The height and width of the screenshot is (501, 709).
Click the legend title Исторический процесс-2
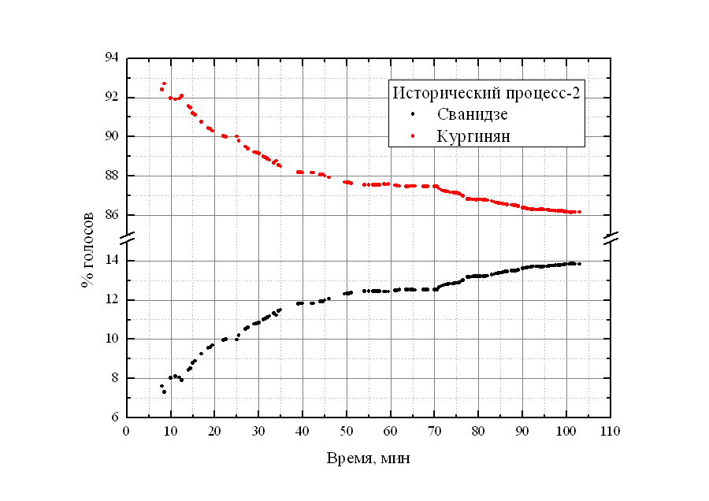click(487, 92)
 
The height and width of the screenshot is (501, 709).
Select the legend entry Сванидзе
click(473, 114)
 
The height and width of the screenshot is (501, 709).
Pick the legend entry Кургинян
click(473, 135)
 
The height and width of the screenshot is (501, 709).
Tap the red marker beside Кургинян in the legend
click(414, 136)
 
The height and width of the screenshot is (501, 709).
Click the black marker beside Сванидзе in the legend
click(414, 115)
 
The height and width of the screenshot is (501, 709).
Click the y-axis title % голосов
click(88, 249)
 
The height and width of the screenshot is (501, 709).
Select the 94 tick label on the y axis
click(110, 58)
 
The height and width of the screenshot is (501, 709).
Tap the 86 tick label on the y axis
click(110, 214)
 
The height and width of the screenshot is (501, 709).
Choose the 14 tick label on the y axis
click(110, 261)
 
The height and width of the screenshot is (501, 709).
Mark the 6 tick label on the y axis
click(114, 417)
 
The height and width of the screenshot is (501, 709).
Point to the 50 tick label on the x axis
click(347, 431)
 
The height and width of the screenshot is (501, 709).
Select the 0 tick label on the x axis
click(127, 431)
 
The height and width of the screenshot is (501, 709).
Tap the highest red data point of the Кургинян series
click(164, 83)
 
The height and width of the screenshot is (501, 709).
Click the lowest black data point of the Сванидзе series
click(164, 392)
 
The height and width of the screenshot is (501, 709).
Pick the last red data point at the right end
click(580, 212)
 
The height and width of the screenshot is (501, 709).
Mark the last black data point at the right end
click(580, 264)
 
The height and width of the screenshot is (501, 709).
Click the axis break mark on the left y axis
click(127, 237)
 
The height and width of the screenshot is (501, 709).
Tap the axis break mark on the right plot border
click(611, 237)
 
